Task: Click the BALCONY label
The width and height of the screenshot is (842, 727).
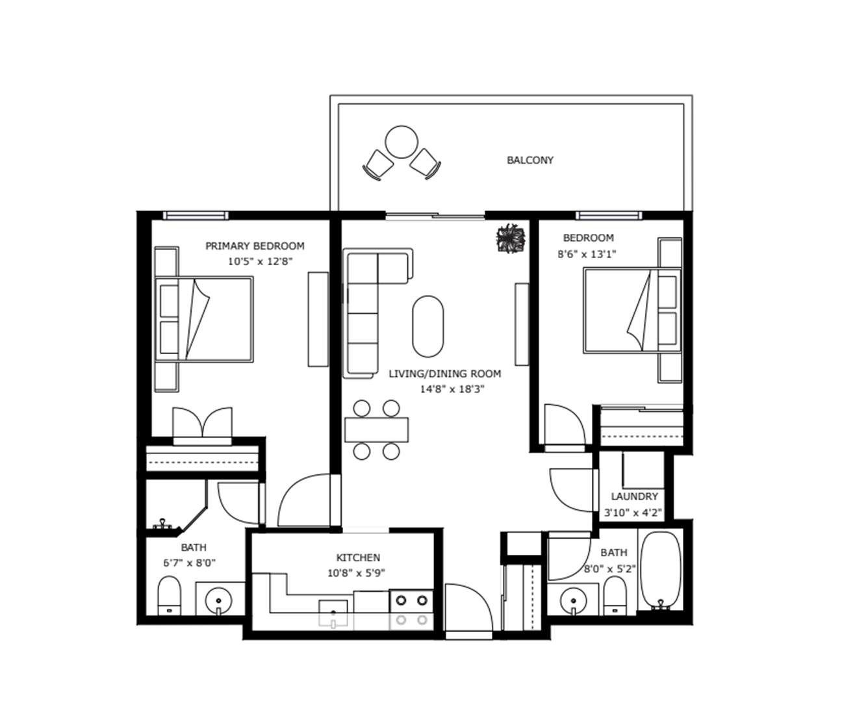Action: [x=529, y=160]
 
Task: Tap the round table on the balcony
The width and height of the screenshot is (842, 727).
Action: [x=402, y=142]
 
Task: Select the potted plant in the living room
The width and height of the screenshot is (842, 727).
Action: [x=511, y=238]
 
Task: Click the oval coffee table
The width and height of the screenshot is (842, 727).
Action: [x=427, y=326]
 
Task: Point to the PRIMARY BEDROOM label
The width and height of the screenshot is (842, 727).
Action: [x=255, y=246]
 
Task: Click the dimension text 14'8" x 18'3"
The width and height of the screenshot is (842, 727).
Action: [x=452, y=389]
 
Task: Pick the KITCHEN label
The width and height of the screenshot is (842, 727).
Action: [x=358, y=557]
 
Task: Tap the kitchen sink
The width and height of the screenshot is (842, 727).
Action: [x=333, y=613]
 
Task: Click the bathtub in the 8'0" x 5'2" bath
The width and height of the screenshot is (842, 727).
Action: [x=661, y=570]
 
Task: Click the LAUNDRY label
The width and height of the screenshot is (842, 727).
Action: [x=634, y=496]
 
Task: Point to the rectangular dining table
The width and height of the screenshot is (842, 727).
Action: [x=376, y=429]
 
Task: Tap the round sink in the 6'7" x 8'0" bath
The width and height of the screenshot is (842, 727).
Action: [x=218, y=601]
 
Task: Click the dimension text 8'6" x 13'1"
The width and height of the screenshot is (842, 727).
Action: [x=587, y=254]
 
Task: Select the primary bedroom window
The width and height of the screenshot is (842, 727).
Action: [x=196, y=216]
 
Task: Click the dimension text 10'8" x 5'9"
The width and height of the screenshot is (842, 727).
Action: [x=356, y=573]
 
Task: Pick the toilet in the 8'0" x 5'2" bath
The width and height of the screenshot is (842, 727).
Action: [x=615, y=596]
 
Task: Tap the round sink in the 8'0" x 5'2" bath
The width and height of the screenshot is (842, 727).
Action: [x=574, y=601]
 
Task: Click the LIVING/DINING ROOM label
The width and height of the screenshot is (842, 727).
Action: [x=445, y=374]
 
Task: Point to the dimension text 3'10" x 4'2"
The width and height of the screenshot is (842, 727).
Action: [x=633, y=513]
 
